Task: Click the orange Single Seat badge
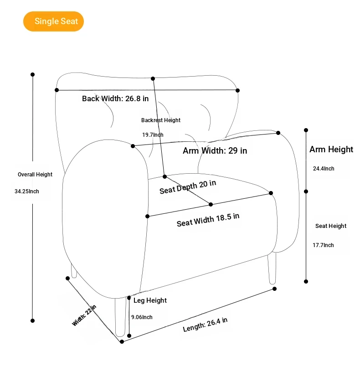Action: (x=54, y=21)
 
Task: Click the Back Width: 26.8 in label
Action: (x=115, y=98)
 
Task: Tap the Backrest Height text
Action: (x=160, y=120)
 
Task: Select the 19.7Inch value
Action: (x=153, y=135)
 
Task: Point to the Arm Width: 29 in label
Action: (x=215, y=151)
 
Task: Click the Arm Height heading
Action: (x=331, y=150)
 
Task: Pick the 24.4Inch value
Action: (x=324, y=169)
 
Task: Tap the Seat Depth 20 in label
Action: (x=188, y=187)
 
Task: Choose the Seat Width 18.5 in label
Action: (x=208, y=219)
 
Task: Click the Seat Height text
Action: (x=331, y=226)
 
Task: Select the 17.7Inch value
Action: (x=323, y=245)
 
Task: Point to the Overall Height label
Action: (x=35, y=175)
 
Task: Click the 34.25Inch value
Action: (x=27, y=191)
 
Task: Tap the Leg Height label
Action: (x=150, y=300)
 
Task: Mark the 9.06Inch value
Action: (x=142, y=317)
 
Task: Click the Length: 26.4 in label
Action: (x=205, y=325)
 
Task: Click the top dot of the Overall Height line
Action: (x=32, y=74)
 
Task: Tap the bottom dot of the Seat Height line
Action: (x=306, y=281)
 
